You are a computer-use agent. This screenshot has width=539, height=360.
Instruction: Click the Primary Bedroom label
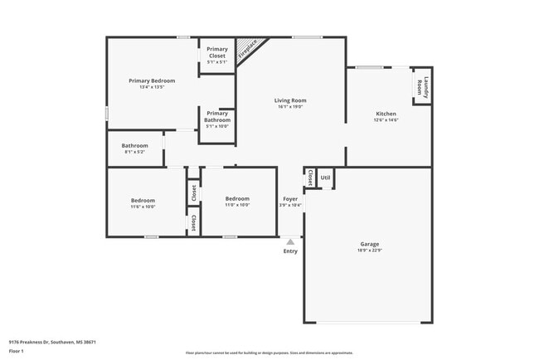coord(152,80)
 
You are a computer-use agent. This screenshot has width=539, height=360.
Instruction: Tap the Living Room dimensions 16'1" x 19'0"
coord(290,107)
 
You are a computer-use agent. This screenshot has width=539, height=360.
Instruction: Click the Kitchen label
coord(386,114)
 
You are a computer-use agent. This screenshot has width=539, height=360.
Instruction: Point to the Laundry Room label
coord(425,86)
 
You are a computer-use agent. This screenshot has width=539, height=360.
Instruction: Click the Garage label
coord(369,244)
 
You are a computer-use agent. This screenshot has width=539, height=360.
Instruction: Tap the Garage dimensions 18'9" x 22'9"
coord(369,251)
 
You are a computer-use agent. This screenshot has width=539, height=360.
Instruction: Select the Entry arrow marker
coord(290,241)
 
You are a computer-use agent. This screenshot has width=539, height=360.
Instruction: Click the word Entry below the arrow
coord(290,251)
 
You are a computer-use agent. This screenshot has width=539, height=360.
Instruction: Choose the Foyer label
coord(290,199)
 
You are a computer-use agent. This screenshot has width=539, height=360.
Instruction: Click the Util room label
coord(325,177)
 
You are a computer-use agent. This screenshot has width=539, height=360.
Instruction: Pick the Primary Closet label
coord(217,52)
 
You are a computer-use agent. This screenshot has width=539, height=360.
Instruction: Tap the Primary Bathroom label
coord(217,117)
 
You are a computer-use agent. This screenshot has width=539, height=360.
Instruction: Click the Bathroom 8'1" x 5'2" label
coord(134,146)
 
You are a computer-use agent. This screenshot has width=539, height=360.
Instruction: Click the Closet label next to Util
coord(310,178)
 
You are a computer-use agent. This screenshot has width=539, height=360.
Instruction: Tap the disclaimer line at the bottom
coord(269,353)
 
